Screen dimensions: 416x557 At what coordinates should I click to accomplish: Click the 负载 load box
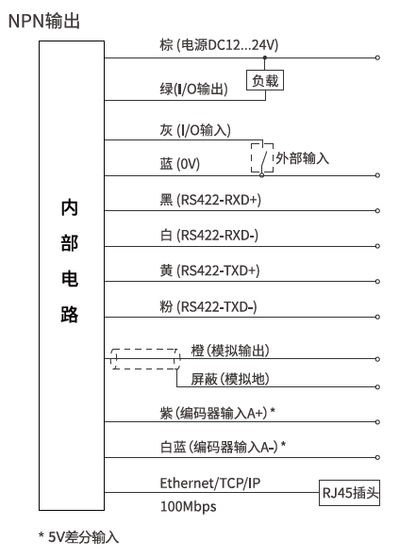click(265, 80)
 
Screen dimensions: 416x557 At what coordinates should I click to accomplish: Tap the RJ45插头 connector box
click(350, 493)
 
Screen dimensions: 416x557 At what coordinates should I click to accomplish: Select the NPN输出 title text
click(43, 21)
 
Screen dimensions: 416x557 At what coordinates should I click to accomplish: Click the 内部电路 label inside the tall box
click(70, 261)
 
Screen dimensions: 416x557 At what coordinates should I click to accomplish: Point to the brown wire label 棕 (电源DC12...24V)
click(219, 45)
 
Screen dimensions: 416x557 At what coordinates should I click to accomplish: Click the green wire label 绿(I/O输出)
click(193, 89)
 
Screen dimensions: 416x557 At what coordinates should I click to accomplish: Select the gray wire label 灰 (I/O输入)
click(195, 130)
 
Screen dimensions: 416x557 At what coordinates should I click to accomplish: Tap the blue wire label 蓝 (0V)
click(180, 164)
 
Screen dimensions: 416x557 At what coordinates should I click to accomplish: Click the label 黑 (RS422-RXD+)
click(210, 200)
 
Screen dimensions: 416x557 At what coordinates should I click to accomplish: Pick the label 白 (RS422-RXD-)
click(209, 236)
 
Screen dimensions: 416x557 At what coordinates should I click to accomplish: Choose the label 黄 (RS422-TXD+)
click(209, 270)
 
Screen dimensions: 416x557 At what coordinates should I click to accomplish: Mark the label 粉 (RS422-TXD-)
click(208, 306)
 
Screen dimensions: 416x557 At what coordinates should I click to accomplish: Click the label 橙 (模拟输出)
click(230, 351)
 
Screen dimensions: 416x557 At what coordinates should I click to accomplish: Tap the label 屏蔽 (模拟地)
click(230, 379)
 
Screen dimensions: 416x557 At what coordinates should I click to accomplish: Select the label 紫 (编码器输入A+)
click(218, 413)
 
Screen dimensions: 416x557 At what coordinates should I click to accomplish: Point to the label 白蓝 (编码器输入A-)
click(224, 447)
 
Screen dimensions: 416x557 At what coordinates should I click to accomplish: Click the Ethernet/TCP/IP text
click(210, 483)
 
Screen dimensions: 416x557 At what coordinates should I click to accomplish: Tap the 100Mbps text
click(188, 506)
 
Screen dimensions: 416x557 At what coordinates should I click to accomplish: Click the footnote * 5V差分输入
click(78, 537)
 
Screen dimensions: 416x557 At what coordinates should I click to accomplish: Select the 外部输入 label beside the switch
click(303, 158)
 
